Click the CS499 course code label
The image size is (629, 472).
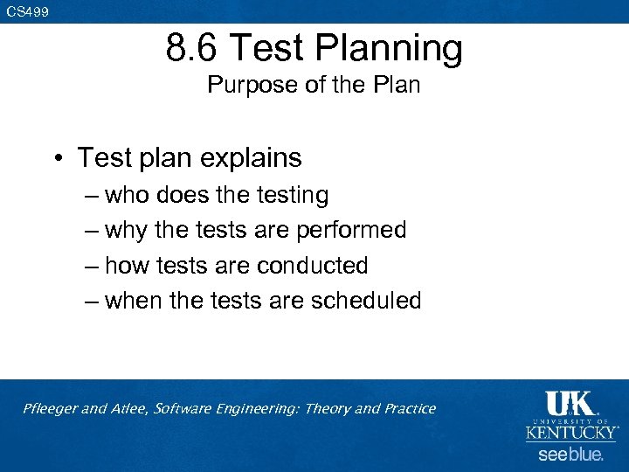point(28,11)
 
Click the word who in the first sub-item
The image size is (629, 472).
point(127,195)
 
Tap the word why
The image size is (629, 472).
point(127,230)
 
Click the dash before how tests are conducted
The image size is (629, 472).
point(92,265)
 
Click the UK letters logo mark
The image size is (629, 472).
point(570,403)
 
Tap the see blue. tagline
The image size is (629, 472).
point(570,455)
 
